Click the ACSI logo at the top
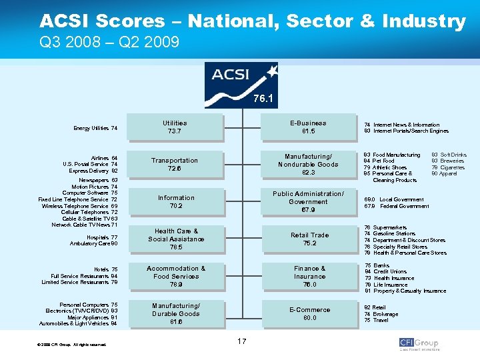click(x=241, y=79)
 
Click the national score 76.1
click(x=262, y=99)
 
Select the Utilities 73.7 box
click(x=175, y=127)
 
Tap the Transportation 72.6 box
click(x=175, y=165)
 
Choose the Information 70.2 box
click(x=176, y=202)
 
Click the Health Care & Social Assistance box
click(x=176, y=239)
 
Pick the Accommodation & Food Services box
click(x=176, y=276)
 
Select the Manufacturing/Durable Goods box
click(x=176, y=313)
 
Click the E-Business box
click(x=308, y=127)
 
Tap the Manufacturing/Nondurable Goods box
click(x=308, y=165)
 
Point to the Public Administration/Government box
click(x=308, y=202)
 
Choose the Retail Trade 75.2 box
click(x=309, y=239)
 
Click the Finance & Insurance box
click(x=309, y=276)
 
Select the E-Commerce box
click(x=309, y=313)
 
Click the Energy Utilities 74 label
click(x=96, y=128)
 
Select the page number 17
click(x=241, y=341)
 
